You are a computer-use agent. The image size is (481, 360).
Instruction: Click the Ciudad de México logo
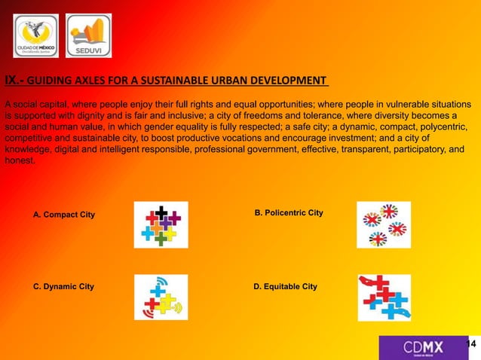click(35, 35)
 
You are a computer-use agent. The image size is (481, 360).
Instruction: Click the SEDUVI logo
click(89, 35)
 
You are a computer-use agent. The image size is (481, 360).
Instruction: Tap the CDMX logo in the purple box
click(423, 347)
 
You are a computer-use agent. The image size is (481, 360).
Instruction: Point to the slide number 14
click(473, 344)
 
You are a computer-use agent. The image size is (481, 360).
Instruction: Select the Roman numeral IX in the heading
click(12, 81)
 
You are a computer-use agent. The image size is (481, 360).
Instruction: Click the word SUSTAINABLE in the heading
click(189, 81)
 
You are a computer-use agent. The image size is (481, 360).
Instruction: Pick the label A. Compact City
click(64, 215)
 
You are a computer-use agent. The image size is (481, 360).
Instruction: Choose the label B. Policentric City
click(289, 214)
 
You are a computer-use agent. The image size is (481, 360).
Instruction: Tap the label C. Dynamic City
click(64, 287)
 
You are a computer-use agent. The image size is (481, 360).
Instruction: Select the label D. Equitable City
click(286, 287)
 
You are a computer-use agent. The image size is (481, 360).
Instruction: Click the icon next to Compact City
click(161, 224)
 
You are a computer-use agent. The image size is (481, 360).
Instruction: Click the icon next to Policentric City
click(383, 224)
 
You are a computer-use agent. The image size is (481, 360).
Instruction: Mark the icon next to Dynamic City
click(161, 297)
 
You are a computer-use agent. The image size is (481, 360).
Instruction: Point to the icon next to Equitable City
click(384, 297)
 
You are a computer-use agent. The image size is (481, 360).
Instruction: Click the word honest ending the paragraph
click(19, 160)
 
